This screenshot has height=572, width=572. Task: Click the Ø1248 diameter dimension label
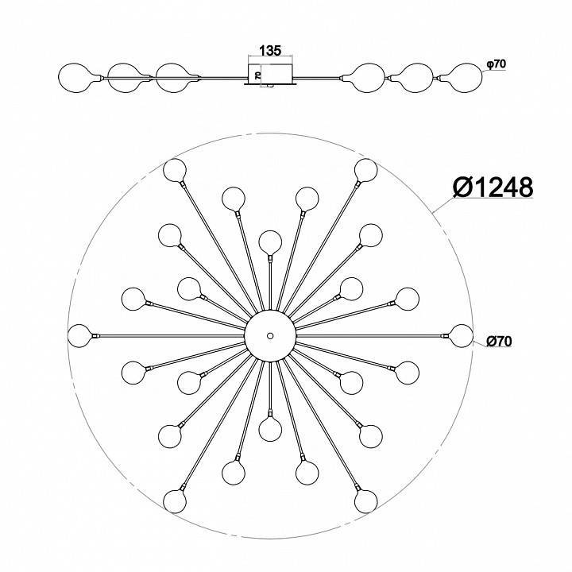(x=493, y=187)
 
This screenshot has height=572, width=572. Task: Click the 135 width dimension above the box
(x=270, y=50)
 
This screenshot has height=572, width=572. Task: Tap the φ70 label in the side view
(x=496, y=64)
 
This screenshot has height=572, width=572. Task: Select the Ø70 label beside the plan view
(x=499, y=341)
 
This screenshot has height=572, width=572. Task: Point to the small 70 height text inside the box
(x=257, y=75)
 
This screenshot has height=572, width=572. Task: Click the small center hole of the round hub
(x=270, y=335)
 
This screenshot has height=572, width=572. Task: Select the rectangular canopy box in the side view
(x=270, y=74)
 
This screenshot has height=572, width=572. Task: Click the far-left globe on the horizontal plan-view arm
(x=79, y=335)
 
